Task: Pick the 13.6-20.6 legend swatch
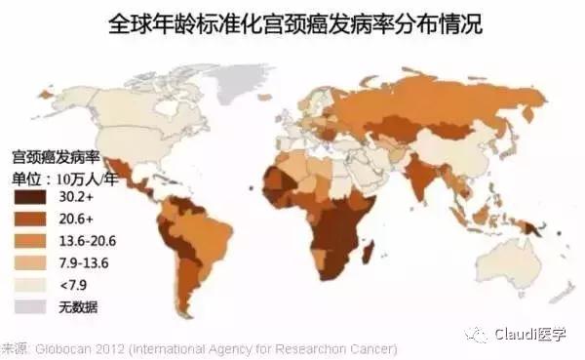coord(29,238)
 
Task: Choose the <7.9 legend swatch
coord(29,284)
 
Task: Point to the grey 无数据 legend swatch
coord(29,306)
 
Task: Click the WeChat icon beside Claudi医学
coord(475,335)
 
